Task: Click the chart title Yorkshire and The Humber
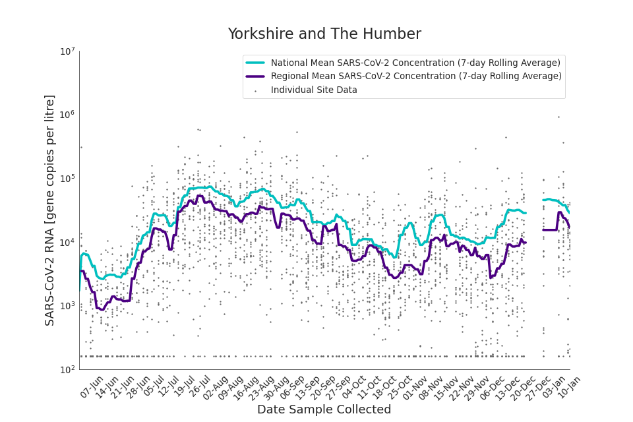tap(324, 34)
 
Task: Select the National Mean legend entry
tap(415, 63)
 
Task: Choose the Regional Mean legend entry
tap(416, 76)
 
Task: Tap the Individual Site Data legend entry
tap(314, 90)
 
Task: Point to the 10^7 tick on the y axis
tap(67, 51)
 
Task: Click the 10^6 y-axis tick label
tap(67, 115)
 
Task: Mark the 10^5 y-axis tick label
tap(67, 179)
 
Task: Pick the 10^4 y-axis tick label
tap(67, 243)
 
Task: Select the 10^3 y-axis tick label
tap(67, 306)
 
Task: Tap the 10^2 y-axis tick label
tap(67, 370)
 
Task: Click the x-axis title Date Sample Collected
tap(324, 409)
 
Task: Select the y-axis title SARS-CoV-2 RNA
tap(50, 210)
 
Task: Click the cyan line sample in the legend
tap(255, 63)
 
